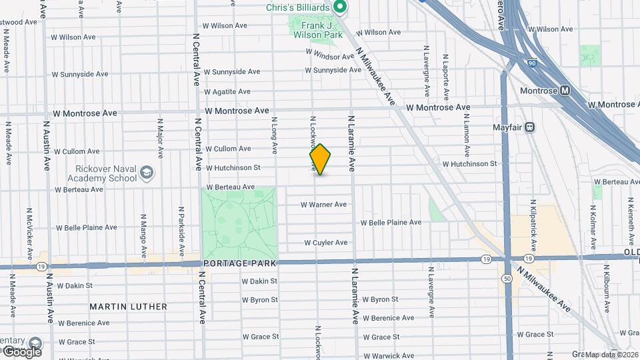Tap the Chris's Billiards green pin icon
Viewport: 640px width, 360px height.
click(x=339, y=7)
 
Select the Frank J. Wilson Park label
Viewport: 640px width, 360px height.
click(x=317, y=29)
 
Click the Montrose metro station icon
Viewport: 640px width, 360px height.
click(x=565, y=90)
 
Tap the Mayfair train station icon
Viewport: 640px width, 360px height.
click(x=531, y=127)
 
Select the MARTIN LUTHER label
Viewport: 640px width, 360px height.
click(x=128, y=307)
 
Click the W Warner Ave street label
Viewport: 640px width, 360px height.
click(x=323, y=205)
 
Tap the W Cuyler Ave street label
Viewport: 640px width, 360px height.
click(x=326, y=243)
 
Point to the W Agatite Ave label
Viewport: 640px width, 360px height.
click(x=227, y=91)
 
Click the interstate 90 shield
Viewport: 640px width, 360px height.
click(x=531, y=63)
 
